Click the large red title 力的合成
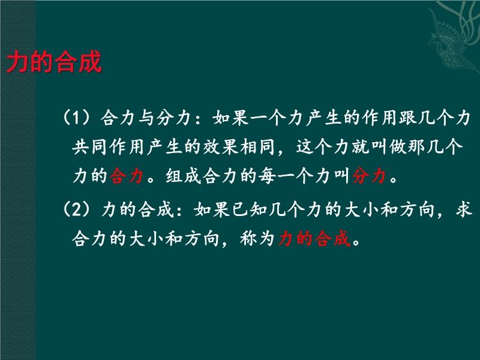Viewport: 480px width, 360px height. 54,62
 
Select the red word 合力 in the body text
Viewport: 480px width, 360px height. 126,176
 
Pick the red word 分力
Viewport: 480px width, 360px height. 368,176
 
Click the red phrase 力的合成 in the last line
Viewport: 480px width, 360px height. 314,238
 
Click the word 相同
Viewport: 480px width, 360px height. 258,146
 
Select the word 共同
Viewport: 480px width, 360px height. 89,146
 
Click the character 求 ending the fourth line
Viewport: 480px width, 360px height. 463,209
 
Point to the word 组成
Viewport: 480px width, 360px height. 183,176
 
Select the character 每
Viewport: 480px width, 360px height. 266,176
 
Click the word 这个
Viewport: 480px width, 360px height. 313,146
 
